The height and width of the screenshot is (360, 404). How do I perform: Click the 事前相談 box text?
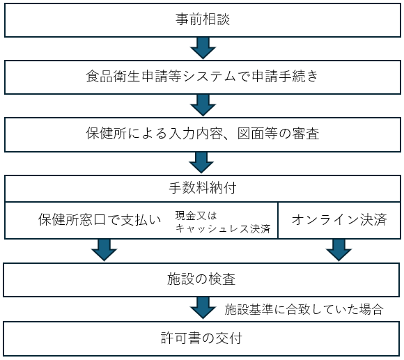click(x=203, y=19)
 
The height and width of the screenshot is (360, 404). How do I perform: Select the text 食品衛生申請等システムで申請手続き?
click(x=202, y=76)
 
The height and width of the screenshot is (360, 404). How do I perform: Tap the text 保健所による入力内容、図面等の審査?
click(x=203, y=134)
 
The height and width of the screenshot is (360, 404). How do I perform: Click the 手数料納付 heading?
click(x=203, y=187)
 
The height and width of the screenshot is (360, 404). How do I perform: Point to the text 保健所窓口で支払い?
click(x=100, y=219)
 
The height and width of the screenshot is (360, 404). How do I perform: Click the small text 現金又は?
click(x=196, y=216)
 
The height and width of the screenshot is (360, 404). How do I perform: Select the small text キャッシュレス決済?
click(x=223, y=228)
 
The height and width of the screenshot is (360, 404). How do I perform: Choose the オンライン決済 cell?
click(x=339, y=219)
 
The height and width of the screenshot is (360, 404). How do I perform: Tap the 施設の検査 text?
click(x=201, y=279)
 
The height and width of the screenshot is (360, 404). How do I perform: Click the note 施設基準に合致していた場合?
click(x=304, y=309)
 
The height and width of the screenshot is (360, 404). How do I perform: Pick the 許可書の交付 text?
click(x=201, y=338)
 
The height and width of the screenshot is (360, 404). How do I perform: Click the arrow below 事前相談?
click(x=203, y=48)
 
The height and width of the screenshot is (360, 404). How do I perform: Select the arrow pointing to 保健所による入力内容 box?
click(x=203, y=105)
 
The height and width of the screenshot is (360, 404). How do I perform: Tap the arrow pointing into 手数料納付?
click(x=201, y=163)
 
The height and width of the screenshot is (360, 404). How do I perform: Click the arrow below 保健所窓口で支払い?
click(x=104, y=250)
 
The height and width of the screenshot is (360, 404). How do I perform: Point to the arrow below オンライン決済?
click(x=339, y=250)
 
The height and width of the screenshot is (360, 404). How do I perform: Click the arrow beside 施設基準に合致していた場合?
click(x=203, y=308)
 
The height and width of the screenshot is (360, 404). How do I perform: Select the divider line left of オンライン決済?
click(x=278, y=221)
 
